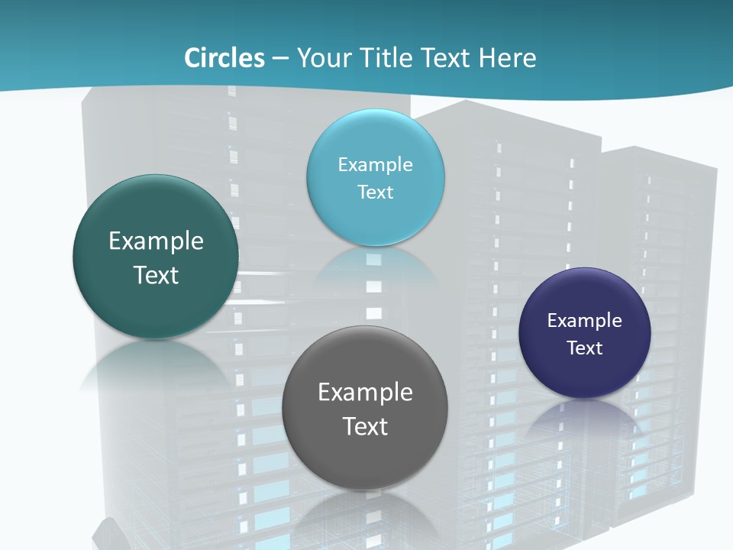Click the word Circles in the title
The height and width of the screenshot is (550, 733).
point(224,58)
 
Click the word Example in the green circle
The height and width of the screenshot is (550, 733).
point(156,241)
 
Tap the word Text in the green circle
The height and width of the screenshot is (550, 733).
point(156,275)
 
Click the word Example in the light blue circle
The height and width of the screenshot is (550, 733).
point(375,165)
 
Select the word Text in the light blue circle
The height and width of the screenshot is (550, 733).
point(375,192)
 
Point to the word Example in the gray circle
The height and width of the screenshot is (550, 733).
point(365,393)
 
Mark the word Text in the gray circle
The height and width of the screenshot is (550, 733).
point(365,426)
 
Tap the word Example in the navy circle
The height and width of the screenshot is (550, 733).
point(585,321)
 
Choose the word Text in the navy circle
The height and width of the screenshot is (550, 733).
point(585,348)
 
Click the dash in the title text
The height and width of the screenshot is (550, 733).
point(280,59)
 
